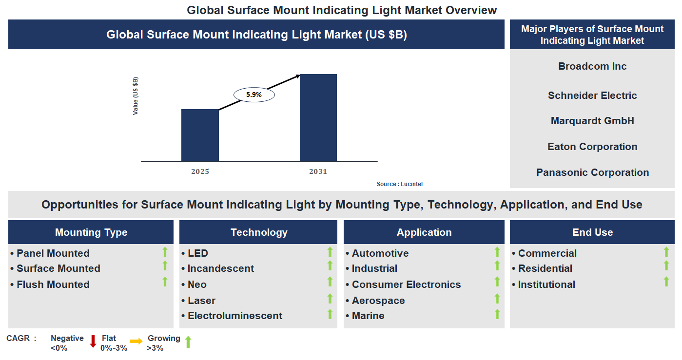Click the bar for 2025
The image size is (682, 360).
pos(200,135)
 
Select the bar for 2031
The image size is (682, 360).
pos(318,117)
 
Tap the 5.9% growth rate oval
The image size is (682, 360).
pos(254,95)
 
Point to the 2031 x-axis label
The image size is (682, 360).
pos(318,171)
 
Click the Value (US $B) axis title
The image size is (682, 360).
pos(136,96)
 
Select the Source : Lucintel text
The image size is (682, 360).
pos(400,184)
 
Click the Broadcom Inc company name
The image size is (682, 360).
pos(592,66)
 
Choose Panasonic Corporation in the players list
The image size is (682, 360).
pos(592,172)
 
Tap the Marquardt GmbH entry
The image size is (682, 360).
pos(592,121)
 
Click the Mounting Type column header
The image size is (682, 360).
pos(91,232)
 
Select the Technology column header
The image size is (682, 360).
pos(259,232)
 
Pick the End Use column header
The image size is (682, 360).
pos(592,232)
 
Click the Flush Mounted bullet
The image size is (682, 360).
pos(53,284)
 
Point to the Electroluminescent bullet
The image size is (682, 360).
pos(234,316)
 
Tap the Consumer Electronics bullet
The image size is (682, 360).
pos(406,284)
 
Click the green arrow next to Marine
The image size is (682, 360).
pos(497,314)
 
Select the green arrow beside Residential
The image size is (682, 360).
pos(666,265)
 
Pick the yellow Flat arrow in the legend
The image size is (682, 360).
pos(136,341)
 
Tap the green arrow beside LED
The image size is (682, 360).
pos(330,252)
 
